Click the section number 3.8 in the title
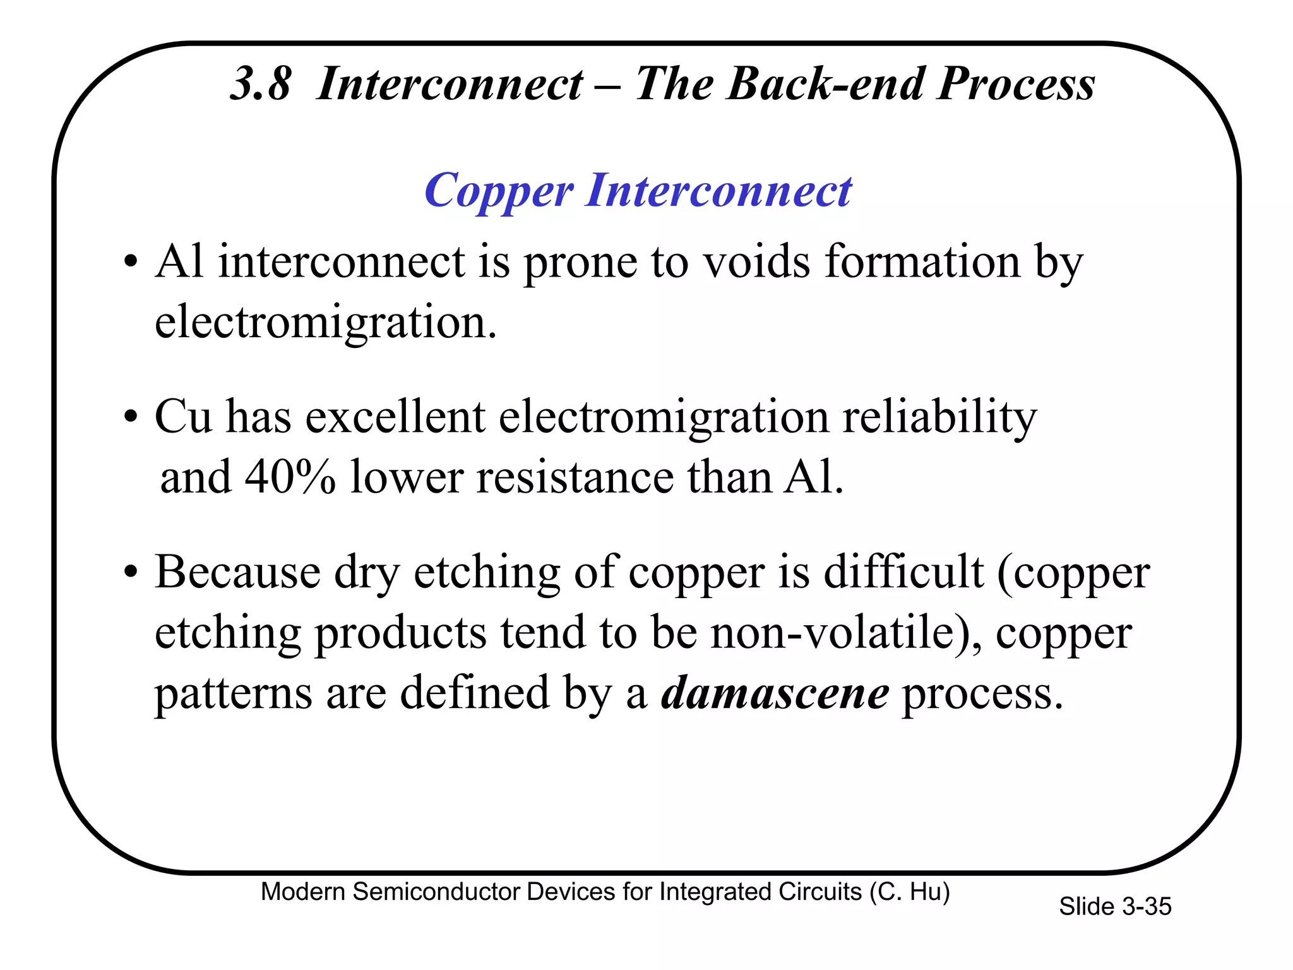click(260, 84)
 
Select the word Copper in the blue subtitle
click(499, 191)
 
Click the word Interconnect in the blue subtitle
click(718, 190)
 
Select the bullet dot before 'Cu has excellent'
click(131, 417)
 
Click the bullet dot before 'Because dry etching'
click(131, 572)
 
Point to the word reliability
click(939, 418)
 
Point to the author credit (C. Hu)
click(909, 892)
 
